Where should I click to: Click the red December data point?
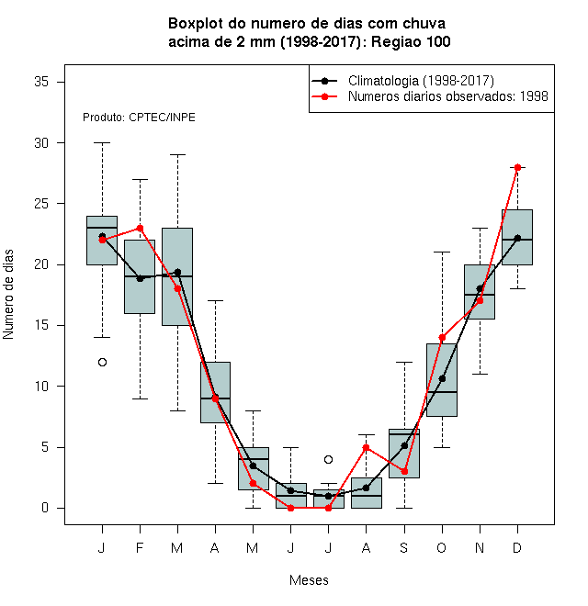pyautogui.click(x=517, y=167)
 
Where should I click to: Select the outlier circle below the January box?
pyautogui.click(x=102, y=362)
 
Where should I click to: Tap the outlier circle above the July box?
pyautogui.click(x=328, y=459)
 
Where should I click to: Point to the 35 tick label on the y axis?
pyautogui.click(x=41, y=82)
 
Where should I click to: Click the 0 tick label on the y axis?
pyautogui.click(x=45, y=508)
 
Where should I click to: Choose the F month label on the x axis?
pyautogui.click(x=140, y=547)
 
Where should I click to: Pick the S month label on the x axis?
pyautogui.click(x=404, y=547)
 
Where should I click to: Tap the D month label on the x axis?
pyautogui.click(x=517, y=547)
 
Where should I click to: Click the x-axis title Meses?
pyautogui.click(x=309, y=580)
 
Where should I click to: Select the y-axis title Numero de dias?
pyautogui.click(x=8, y=295)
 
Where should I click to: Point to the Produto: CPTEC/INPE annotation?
pyautogui.click(x=139, y=118)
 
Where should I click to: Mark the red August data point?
pyautogui.click(x=366, y=447)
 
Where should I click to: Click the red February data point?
pyautogui.click(x=140, y=228)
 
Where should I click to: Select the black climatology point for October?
pyautogui.click(x=442, y=378)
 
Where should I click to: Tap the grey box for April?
pyautogui.click(x=215, y=392)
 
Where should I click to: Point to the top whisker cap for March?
pyautogui.click(x=177, y=154)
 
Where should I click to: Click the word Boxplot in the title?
pyautogui.click(x=196, y=24)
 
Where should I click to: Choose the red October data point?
pyautogui.click(x=442, y=337)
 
